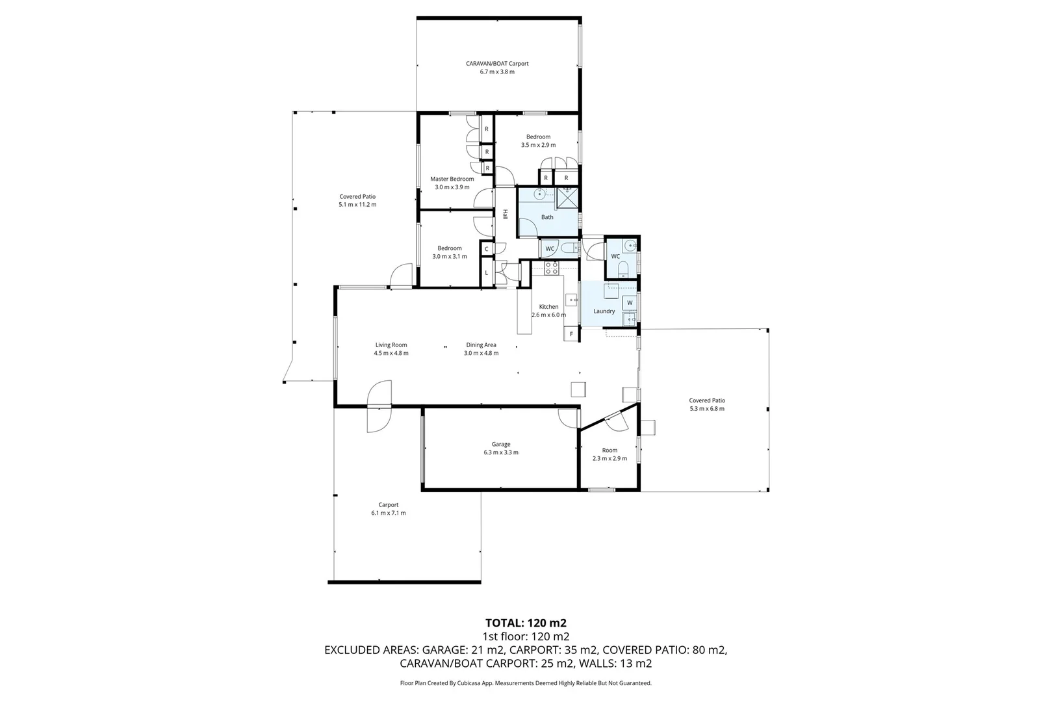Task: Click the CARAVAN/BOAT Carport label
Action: tap(497, 64)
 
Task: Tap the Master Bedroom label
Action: tap(452, 179)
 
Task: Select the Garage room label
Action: tap(500, 445)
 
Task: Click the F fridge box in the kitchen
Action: tap(571, 334)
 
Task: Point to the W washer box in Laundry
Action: tap(629, 303)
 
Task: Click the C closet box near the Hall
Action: tap(486, 248)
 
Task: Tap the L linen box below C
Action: tap(486, 272)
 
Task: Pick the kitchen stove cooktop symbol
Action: tap(551, 267)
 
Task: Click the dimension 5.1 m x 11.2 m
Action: tap(357, 205)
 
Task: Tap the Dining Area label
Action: tap(481, 345)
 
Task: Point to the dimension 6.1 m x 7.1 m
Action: tap(388, 513)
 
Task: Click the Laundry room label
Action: tap(604, 311)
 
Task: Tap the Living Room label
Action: tap(391, 345)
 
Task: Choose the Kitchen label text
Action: tap(548, 307)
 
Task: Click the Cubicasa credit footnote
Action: tap(526, 683)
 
